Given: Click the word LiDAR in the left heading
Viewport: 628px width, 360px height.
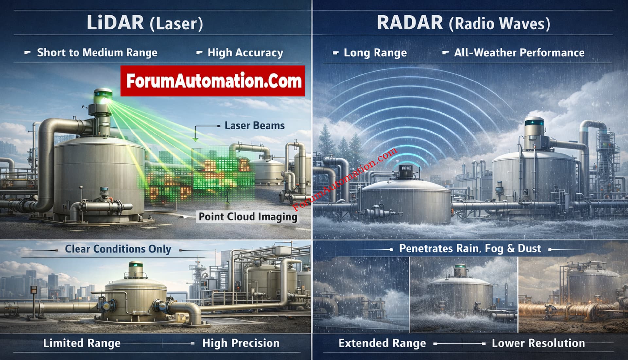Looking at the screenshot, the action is click(115, 23).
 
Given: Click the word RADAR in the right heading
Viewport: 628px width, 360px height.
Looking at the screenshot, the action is click(410, 23).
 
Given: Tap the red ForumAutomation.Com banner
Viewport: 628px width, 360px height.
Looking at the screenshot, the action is click(213, 81).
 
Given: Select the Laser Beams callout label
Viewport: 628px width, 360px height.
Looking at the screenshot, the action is click(254, 126).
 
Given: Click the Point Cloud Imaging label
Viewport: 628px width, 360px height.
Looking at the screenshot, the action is click(248, 217).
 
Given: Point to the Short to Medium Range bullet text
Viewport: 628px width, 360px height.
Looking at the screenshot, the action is click(97, 52).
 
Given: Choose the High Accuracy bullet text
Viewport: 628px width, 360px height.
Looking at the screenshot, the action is click(245, 52).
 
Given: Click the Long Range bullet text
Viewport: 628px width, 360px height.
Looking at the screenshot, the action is click(375, 52).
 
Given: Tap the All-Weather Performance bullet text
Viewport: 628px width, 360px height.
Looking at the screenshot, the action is click(519, 52).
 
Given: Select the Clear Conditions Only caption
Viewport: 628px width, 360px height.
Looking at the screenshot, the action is click(118, 249).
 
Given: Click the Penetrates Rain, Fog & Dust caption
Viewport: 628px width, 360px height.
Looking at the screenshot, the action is click(470, 249).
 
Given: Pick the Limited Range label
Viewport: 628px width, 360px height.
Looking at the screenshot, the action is click(82, 343).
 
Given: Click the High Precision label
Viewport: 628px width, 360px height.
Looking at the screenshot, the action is click(241, 343).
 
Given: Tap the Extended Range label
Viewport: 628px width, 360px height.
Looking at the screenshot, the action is click(382, 343).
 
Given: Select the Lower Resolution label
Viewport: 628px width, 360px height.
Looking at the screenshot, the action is click(538, 343).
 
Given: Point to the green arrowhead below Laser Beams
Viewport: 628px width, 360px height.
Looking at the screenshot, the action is click(195, 140).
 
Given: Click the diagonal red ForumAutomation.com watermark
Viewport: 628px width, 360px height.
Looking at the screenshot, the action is click(345, 179).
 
